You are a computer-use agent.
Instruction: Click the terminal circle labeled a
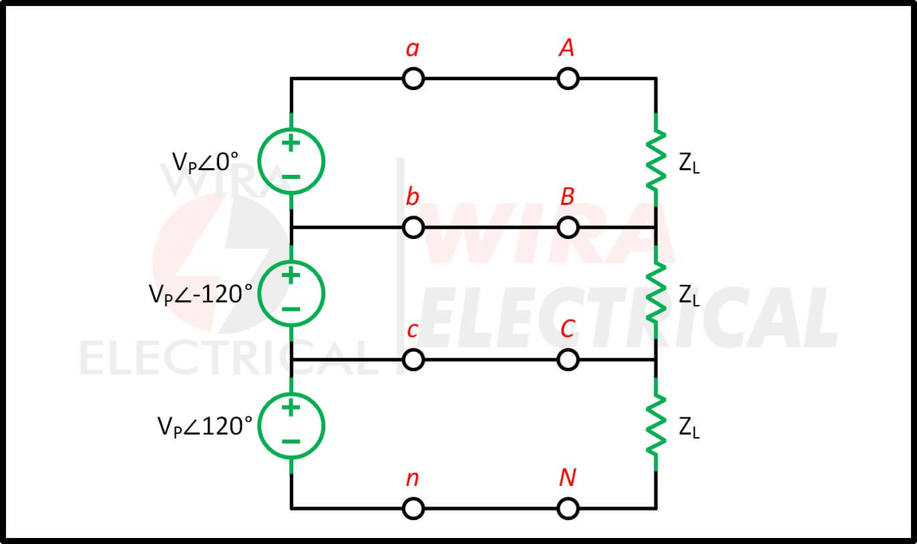coord(413,69)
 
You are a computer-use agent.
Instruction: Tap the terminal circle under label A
coord(568,69)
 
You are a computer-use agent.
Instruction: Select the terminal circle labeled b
coord(413,218)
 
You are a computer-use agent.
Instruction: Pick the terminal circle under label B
coord(568,218)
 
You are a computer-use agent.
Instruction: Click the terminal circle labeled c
coord(413,350)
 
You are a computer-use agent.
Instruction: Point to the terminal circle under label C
coord(568,350)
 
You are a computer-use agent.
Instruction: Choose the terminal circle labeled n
coord(413,499)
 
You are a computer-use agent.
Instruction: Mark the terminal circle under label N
coord(568,499)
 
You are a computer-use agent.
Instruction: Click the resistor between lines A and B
coord(656,160)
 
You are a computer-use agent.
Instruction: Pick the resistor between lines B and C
coord(656,293)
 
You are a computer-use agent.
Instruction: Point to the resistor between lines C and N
coord(656,425)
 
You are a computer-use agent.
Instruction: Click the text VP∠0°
coord(205,162)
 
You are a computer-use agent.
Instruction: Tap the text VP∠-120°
coord(200,294)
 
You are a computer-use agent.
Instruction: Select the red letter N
coord(568,477)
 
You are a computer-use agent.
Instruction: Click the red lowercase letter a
coord(413,49)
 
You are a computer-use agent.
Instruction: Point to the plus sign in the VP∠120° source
coord(291,407)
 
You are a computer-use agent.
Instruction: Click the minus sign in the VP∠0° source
coord(291,177)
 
